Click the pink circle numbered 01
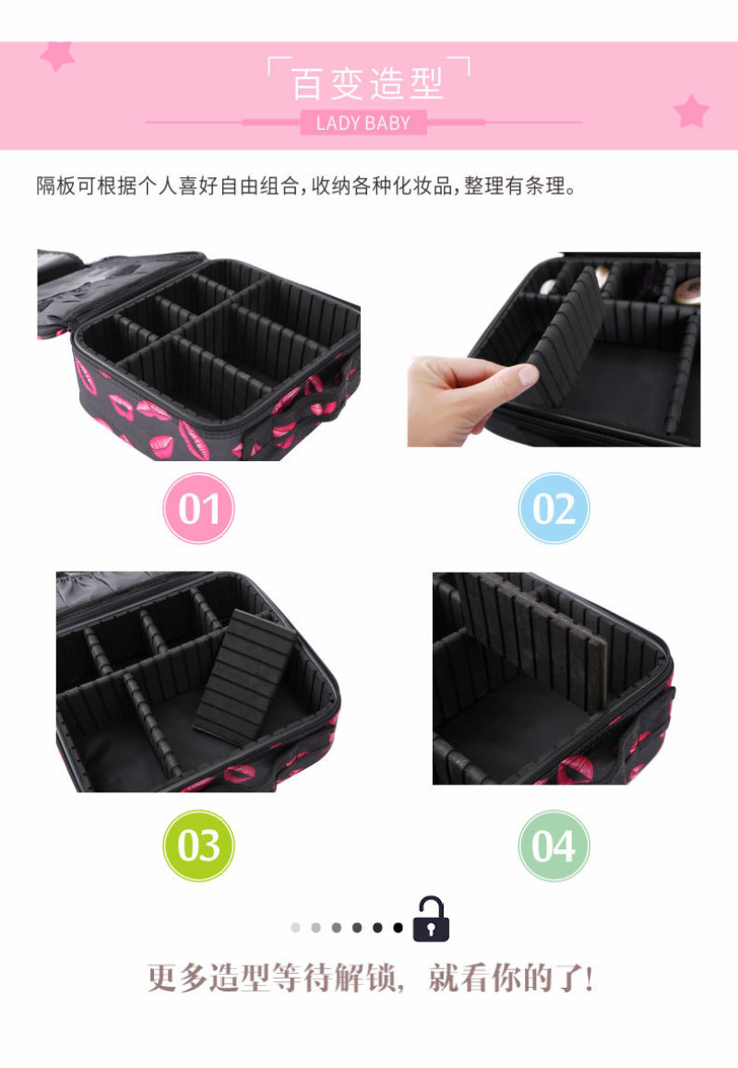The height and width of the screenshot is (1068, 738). [x=198, y=508]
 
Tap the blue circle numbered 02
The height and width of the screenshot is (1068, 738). [x=553, y=508]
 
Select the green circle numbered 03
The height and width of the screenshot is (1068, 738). [x=198, y=846]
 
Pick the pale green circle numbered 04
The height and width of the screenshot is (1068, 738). [x=553, y=846]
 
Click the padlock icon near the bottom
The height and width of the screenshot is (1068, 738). [x=431, y=920]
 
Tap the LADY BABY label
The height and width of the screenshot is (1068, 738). [x=363, y=123]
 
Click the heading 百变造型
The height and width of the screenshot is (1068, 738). [x=368, y=84]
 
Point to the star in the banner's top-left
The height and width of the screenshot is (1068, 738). [x=56, y=56]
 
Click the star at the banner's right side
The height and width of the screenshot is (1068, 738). [x=691, y=111]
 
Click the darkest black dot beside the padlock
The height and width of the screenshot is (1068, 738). [x=398, y=928]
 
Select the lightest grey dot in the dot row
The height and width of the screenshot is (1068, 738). [x=295, y=928]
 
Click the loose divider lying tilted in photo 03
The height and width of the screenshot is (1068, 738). [x=244, y=674]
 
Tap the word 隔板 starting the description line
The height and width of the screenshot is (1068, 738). [x=56, y=185]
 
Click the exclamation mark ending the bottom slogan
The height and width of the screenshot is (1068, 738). [x=589, y=979]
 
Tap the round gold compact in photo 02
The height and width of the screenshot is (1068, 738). [x=687, y=291]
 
